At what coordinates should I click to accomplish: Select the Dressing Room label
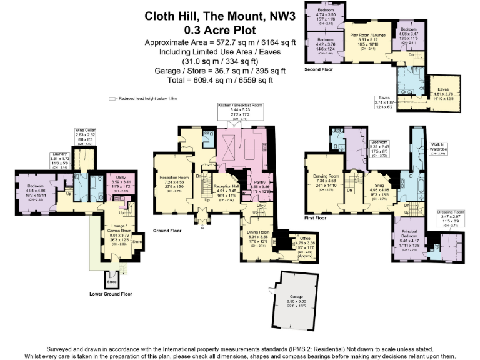(x=448, y=212)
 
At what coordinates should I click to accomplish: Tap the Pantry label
(x=259, y=182)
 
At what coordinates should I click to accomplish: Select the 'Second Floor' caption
(x=319, y=69)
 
